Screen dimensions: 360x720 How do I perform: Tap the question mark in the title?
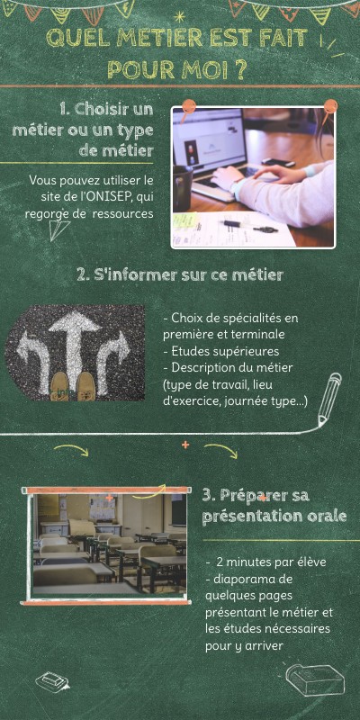click(x=238, y=69)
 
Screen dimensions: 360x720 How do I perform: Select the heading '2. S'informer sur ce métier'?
click(x=179, y=275)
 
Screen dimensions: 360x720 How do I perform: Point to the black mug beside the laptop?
click(x=183, y=188)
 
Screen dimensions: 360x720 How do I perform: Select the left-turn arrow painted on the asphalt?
click(x=33, y=361)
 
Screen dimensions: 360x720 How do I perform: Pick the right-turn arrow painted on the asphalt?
click(x=112, y=358)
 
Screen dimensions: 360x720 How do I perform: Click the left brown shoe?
click(x=59, y=386)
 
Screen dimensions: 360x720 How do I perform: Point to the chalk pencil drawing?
click(x=329, y=399)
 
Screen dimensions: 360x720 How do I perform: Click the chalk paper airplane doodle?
click(x=58, y=229)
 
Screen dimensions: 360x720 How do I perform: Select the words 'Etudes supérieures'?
click(x=225, y=352)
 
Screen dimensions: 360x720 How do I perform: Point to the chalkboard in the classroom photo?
click(x=178, y=509)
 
